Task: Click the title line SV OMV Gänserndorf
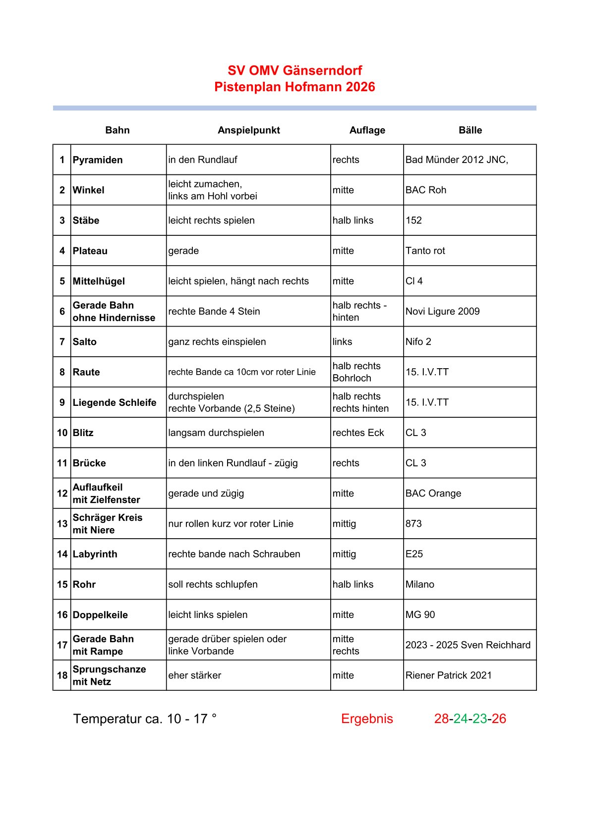[x=295, y=70]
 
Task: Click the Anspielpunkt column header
[x=248, y=130]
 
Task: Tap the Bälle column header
[x=470, y=130]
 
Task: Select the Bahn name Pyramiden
[x=98, y=160]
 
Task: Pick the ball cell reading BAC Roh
[x=426, y=190]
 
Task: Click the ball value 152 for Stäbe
[x=413, y=221]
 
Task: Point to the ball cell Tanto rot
[x=425, y=251]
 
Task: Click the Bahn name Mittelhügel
[x=99, y=281]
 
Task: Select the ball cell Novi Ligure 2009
[x=442, y=311]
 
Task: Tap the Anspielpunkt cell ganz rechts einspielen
[x=217, y=342]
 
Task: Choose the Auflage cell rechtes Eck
[x=358, y=433]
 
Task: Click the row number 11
[x=62, y=463]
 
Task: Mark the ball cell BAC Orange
[x=433, y=494]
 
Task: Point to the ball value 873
[x=413, y=524]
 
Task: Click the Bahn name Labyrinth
[x=95, y=554]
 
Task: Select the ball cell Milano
[x=419, y=585]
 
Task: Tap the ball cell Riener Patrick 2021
[x=448, y=675]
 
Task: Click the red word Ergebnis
[x=367, y=719]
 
